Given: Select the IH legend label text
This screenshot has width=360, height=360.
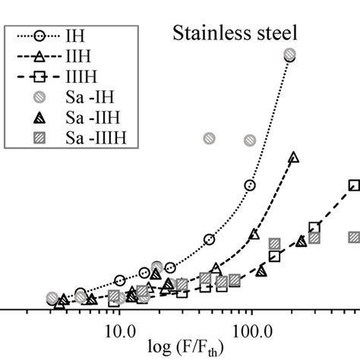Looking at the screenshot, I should click(x=78, y=35).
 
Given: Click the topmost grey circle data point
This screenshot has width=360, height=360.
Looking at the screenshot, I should click(x=289, y=54).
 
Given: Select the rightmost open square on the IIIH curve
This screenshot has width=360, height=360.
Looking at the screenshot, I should click(x=354, y=185).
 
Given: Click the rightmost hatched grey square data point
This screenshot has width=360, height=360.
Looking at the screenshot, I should click(x=354, y=238).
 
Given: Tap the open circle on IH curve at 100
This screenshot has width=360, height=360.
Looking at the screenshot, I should click(x=250, y=185).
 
